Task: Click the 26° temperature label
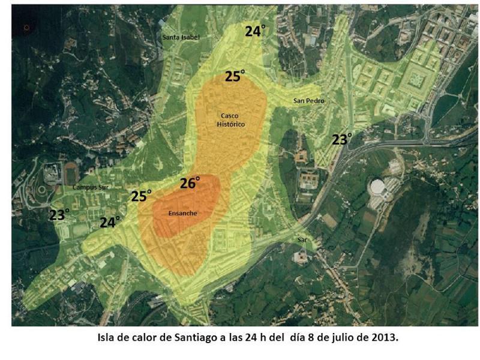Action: tap(190, 184)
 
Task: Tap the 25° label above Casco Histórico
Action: tap(235, 76)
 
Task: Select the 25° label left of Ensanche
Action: tap(141, 196)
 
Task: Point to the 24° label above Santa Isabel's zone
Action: tap(254, 31)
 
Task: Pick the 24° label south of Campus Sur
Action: tap(110, 223)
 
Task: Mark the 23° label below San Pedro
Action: tap(341, 140)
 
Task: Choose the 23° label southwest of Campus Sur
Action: tap(59, 215)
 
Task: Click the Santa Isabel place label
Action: tap(181, 37)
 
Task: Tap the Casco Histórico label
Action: tap(231, 119)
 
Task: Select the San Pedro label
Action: tap(308, 101)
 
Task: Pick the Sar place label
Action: tap(302, 240)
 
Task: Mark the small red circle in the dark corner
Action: tap(26, 28)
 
